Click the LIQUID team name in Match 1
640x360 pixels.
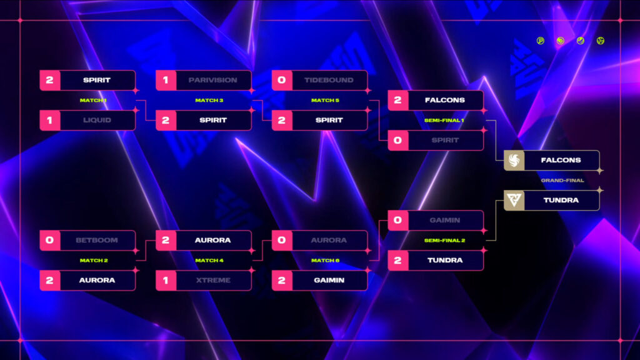(97, 120)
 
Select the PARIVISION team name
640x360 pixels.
(212, 80)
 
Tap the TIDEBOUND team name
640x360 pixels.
(329, 80)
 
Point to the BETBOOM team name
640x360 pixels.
(97, 240)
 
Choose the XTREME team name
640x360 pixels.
(213, 280)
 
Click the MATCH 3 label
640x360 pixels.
(209, 100)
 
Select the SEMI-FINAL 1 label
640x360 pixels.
(444, 121)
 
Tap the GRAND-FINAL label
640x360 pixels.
(562, 181)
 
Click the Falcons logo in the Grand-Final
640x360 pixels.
(514, 160)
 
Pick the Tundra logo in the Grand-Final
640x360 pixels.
(514, 200)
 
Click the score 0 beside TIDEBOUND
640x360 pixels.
(282, 80)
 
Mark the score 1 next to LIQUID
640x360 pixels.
(50, 120)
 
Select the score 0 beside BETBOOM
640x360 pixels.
(50, 240)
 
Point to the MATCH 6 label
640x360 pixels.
(325, 261)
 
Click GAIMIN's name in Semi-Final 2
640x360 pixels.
(445, 220)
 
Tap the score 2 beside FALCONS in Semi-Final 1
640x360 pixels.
(397, 100)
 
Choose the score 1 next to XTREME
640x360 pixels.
(166, 280)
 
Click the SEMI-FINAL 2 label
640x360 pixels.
(444, 241)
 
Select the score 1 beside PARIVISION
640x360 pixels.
(166, 80)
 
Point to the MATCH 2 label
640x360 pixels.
(94, 261)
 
